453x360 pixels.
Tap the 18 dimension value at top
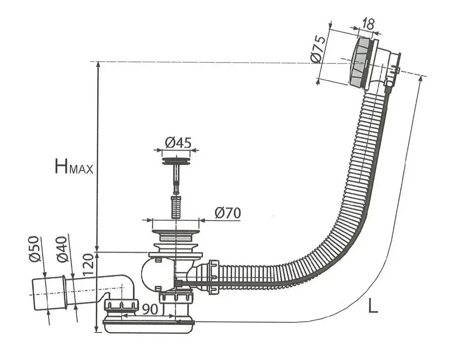pos(367,24)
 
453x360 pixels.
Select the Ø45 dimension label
pos(178,142)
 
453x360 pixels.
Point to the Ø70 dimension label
pos(228,213)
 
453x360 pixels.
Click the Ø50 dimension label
pos(34,249)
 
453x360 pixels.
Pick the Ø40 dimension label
pos(62,249)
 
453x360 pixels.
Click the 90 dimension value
pos(150,310)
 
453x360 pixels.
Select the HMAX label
pos(74,167)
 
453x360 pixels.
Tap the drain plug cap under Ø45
pos(176,160)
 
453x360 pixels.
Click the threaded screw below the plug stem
pos(176,207)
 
